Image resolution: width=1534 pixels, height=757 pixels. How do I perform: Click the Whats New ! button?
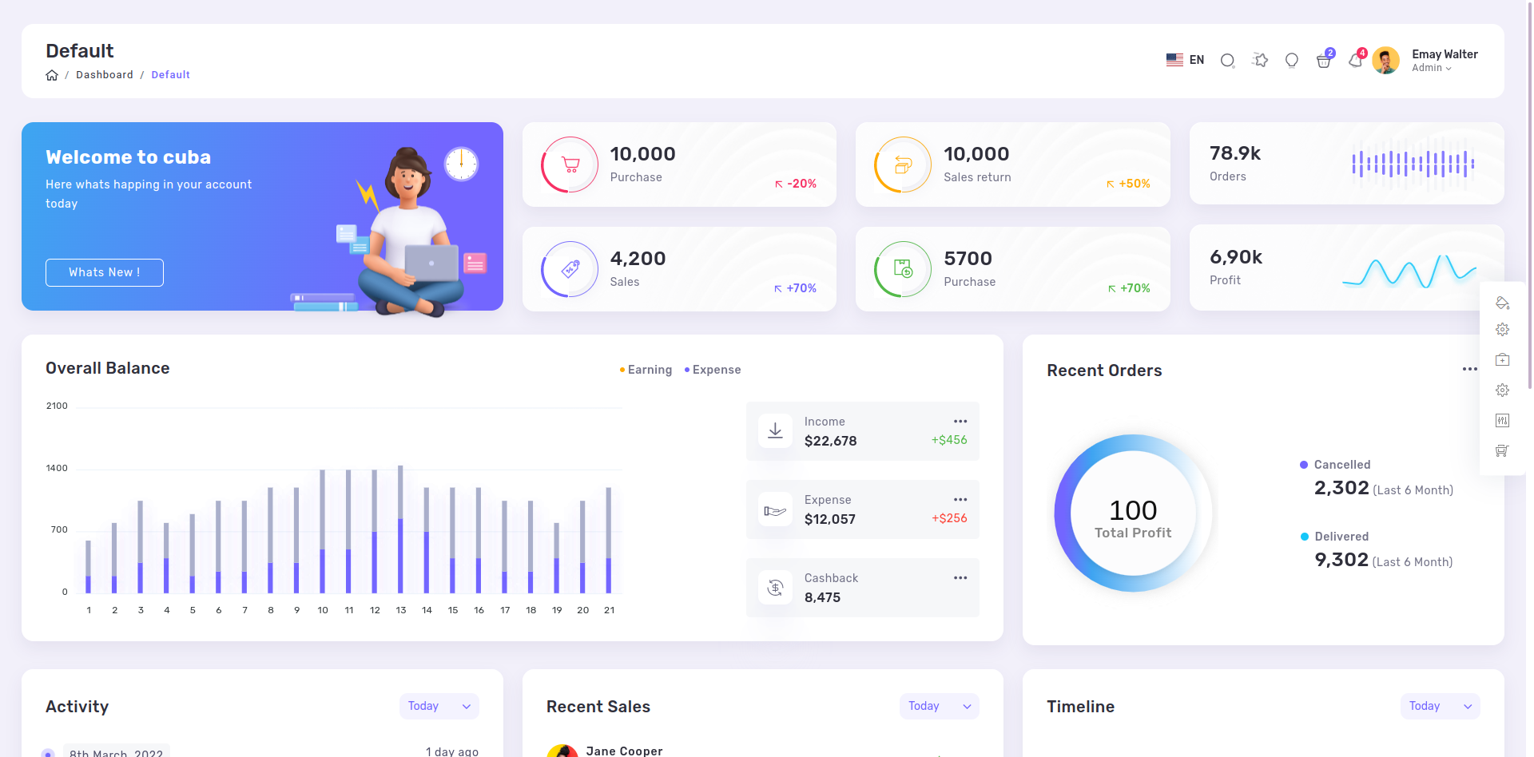coord(105,272)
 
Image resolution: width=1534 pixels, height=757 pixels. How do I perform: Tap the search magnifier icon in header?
coord(1228,61)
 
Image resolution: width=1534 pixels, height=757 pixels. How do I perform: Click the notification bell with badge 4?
coord(1356,60)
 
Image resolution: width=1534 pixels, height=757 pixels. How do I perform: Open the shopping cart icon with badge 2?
coord(1324,61)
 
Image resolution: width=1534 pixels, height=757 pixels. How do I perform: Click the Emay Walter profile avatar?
coord(1386,61)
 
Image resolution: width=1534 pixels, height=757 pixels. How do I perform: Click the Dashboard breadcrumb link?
coord(105,75)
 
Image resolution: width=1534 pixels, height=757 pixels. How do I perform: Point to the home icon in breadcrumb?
coord(52,75)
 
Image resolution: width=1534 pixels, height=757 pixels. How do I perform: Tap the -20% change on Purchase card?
coord(796,184)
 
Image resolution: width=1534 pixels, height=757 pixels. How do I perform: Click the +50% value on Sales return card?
coord(1129,184)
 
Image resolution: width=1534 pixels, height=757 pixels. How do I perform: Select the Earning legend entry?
coord(646,370)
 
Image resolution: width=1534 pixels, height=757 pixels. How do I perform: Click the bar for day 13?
coord(400,529)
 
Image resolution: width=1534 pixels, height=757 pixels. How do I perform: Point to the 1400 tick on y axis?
coord(57,468)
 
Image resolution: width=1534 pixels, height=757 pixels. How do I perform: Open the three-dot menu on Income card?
coord(960,421)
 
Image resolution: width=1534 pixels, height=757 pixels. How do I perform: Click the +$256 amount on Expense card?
coord(949,518)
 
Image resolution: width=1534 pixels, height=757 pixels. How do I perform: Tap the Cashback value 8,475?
coord(822,597)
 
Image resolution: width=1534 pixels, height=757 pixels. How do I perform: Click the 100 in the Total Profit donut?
coord(1133,510)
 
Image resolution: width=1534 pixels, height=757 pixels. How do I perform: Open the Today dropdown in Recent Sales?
coord(940,706)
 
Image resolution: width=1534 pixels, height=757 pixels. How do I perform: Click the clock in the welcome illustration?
coord(461,164)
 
